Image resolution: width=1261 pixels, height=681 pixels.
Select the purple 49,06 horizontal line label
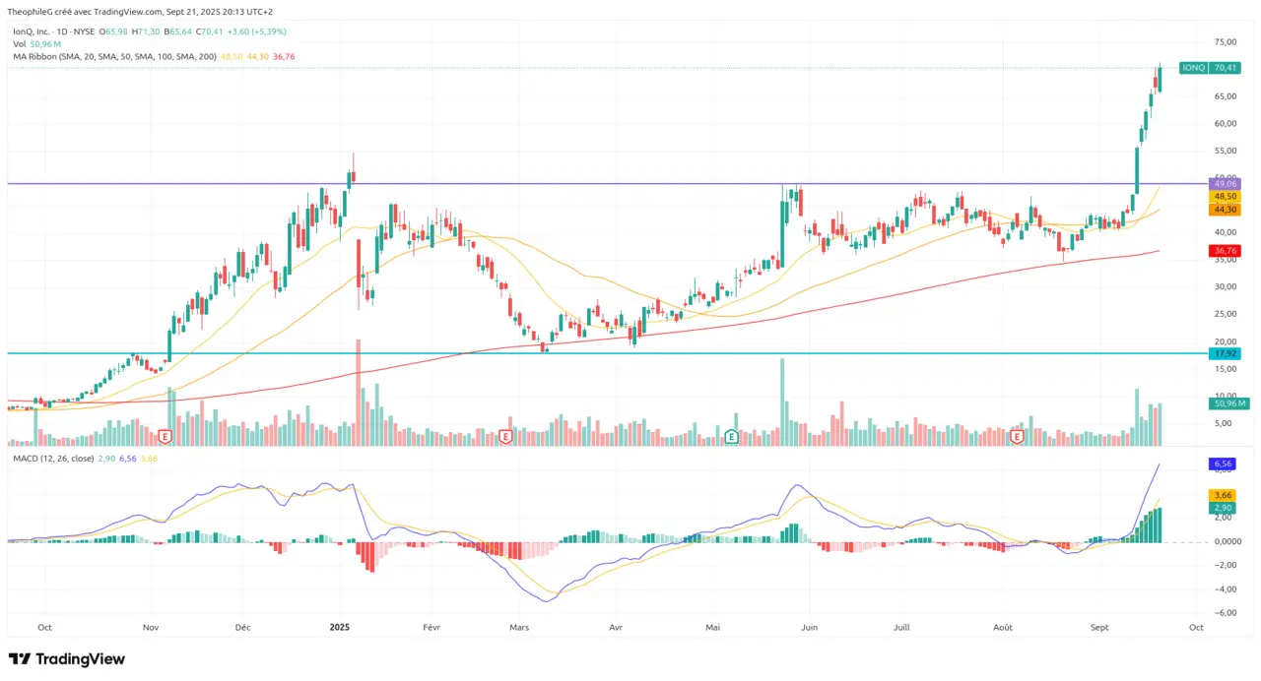point(1225,184)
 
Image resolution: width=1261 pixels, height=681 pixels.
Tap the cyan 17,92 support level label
point(1225,353)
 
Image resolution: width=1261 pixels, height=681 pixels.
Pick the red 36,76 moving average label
point(1225,251)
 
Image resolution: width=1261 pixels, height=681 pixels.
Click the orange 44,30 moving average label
point(1225,209)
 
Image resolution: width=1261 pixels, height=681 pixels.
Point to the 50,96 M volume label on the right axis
point(1228,403)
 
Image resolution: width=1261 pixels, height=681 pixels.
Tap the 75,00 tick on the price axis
point(1226,42)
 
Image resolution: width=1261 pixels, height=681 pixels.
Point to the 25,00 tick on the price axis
point(1226,314)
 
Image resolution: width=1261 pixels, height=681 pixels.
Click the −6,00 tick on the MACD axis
point(1225,613)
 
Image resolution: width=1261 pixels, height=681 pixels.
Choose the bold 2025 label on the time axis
point(340,626)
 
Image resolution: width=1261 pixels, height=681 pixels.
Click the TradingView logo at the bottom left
point(67,658)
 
